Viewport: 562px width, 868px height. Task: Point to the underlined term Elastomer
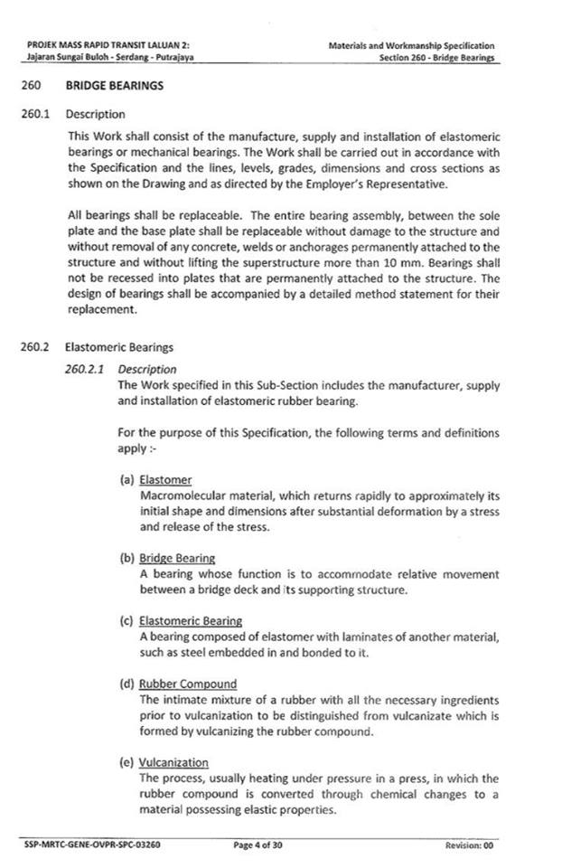[166, 480]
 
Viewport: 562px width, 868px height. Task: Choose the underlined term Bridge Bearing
[177, 558]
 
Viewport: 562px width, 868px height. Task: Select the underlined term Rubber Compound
[188, 684]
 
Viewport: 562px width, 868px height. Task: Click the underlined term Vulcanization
[173, 762]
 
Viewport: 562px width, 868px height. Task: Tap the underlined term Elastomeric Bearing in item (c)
[190, 621]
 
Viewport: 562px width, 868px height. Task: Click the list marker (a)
[127, 480]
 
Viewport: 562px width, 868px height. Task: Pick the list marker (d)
[127, 684]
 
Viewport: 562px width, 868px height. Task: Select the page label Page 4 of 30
[258, 845]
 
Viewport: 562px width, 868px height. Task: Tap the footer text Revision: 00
[469, 845]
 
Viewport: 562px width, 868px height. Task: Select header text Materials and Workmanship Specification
[410, 45]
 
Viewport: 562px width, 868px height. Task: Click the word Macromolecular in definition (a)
[183, 495]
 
